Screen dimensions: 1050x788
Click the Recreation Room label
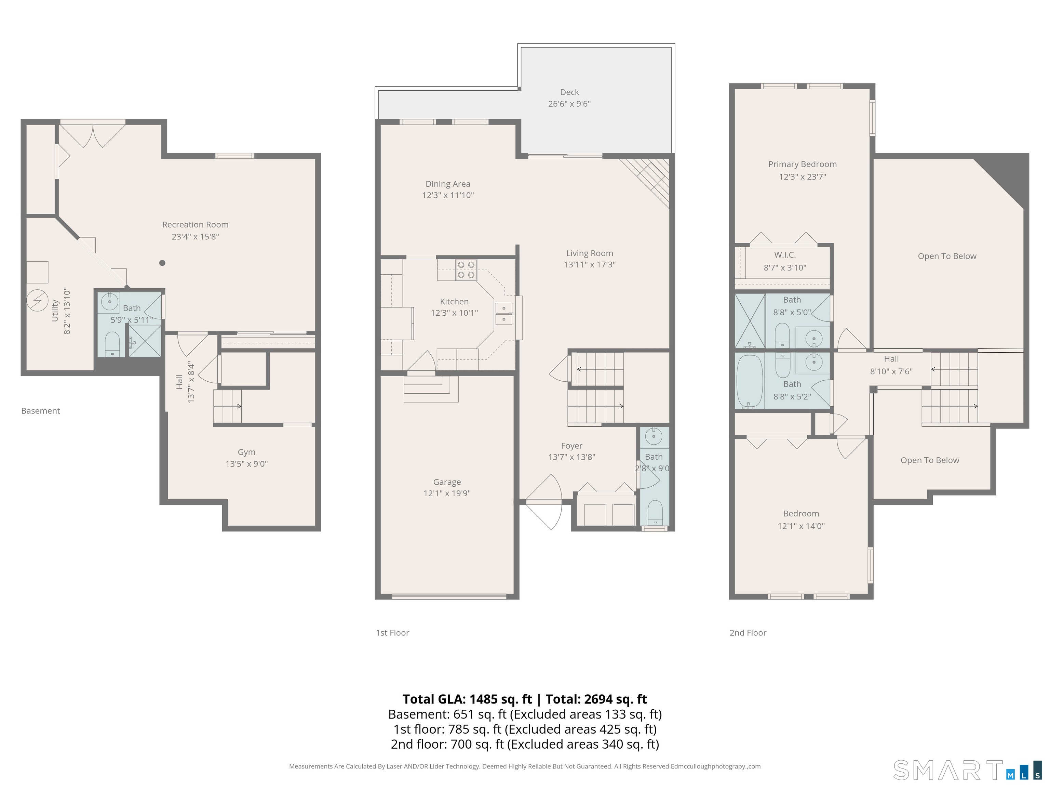pos(195,225)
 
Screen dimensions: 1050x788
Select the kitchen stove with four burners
pos(466,270)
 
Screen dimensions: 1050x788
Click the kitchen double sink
pos(504,314)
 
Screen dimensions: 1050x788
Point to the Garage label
pos(447,482)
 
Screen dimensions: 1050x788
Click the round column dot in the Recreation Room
pos(162,263)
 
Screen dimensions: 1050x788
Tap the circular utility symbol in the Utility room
pos(37,300)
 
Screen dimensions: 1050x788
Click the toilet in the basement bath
pos(112,344)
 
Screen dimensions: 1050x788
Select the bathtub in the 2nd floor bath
pos(750,381)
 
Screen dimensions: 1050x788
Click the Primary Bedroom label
pos(802,165)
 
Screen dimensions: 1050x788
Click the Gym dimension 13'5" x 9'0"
pos(246,464)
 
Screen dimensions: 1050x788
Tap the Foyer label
pos(571,446)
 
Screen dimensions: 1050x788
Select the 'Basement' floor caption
pos(40,411)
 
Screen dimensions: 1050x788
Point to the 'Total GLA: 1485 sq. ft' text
pos(467,699)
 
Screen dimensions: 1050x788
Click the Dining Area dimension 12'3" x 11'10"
pos(448,195)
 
